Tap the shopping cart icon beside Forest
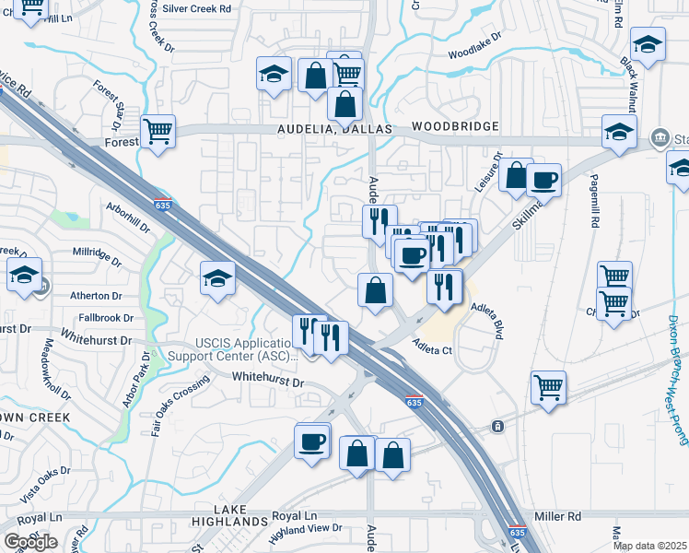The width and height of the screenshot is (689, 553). (x=158, y=131)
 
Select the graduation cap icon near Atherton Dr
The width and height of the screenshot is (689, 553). (x=24, y=274)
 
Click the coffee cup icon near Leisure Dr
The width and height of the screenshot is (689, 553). (x=544, y=179)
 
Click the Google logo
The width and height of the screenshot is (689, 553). (x=30, y=542)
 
